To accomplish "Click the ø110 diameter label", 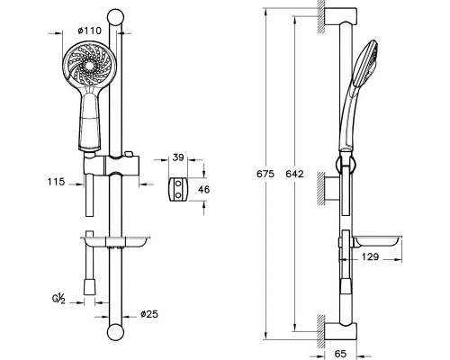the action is (89, 31).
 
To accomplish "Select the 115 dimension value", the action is (56, 182).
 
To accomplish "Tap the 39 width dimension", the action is (178, 157).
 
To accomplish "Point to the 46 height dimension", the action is (204, 189).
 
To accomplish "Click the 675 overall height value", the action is (265, 174).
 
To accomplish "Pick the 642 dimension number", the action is (294, 174).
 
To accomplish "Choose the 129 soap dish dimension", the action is (370, 256).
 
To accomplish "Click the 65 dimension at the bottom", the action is (340, 354).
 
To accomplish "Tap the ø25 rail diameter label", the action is (149, 314).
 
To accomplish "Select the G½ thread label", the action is (58, 299).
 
